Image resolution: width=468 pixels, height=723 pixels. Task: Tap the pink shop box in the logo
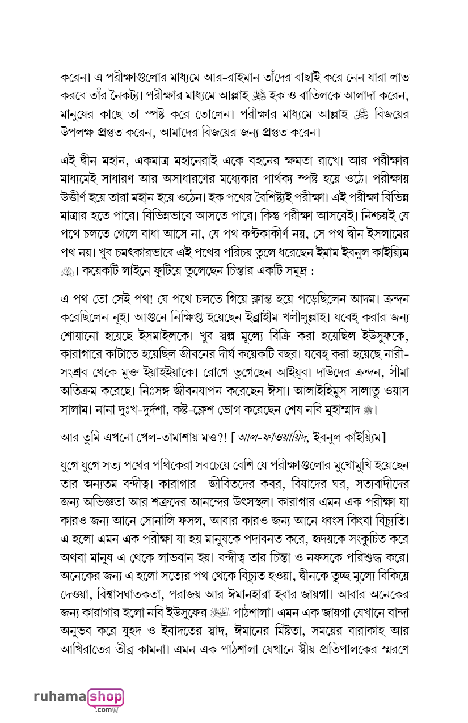point(105,696)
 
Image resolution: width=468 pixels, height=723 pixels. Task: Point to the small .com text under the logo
point(105,709)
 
